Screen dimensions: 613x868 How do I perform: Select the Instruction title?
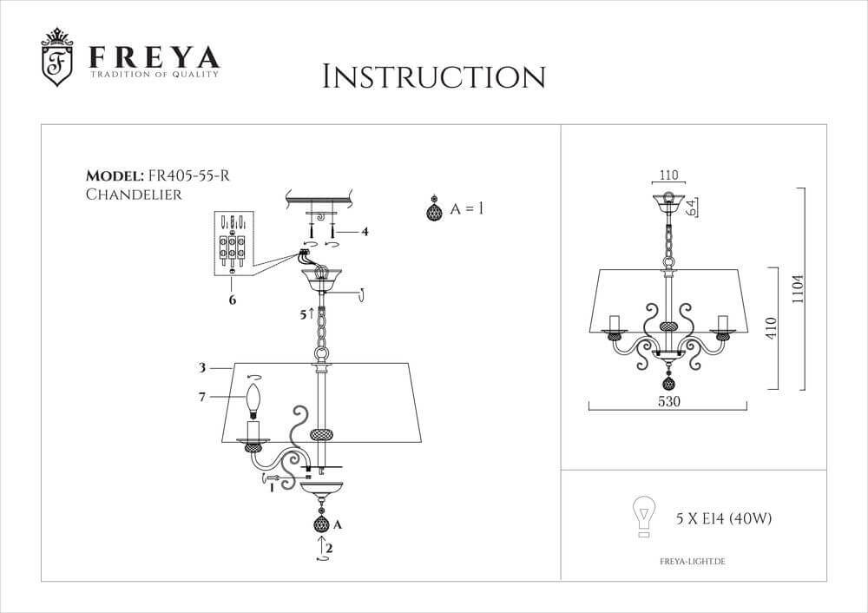pos(433,76)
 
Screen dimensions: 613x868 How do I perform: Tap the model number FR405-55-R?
pos(189,176)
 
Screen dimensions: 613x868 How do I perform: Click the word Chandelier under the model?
pos(134,194)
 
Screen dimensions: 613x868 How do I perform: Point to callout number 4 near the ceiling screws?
pos(365,232)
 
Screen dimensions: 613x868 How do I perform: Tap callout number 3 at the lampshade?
pos(201,368)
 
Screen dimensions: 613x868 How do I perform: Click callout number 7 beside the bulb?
pos(201,397)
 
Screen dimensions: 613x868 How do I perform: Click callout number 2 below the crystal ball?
pos(329,548)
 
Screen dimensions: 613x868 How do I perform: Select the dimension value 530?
pos(667,402)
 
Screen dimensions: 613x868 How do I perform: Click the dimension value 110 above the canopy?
pos(667,174)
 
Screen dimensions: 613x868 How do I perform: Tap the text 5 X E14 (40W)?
pos(724,519)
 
